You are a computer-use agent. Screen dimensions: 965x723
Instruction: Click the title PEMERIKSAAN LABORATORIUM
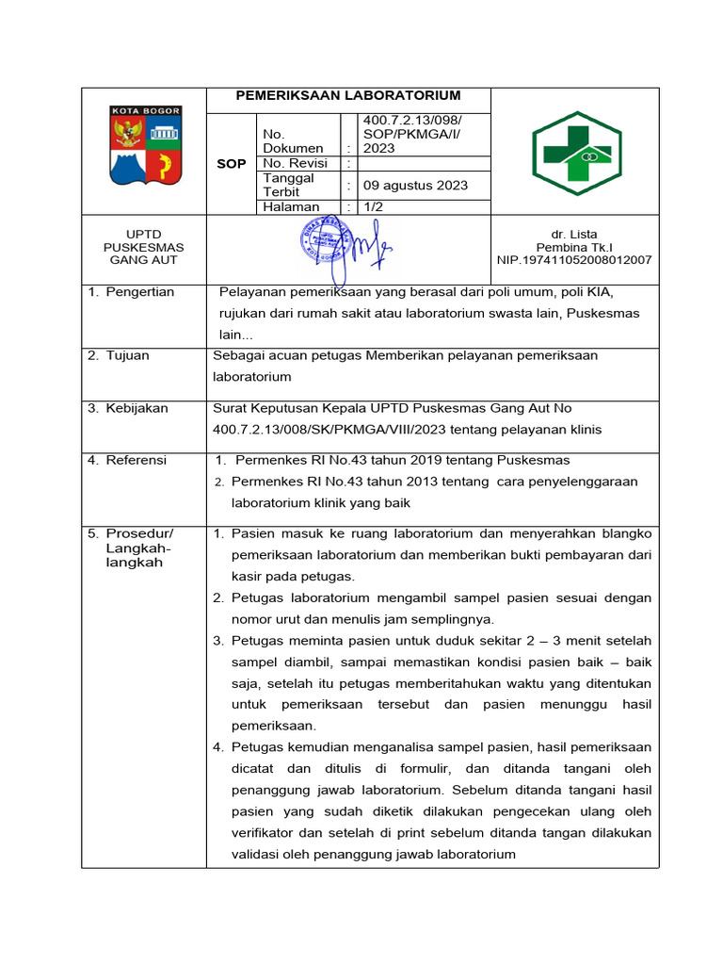click(x=347, y=95)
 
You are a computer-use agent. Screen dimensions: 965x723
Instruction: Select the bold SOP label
click(x=231, y=164)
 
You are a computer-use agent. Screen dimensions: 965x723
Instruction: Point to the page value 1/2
click(x=375, y=206)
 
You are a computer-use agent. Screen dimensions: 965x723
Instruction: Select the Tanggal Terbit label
click(x=289, y=185)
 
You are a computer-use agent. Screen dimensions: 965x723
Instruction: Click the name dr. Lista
click(x=574, y=234)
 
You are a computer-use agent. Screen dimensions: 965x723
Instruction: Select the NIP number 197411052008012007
click(x=574, y=260)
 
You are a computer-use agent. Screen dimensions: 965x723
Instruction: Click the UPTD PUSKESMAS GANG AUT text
click(x=144, y=247)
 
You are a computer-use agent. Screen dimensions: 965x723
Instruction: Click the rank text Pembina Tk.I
click(x=574, y=247)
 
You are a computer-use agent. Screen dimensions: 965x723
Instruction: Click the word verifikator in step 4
click(x=267, y=833)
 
